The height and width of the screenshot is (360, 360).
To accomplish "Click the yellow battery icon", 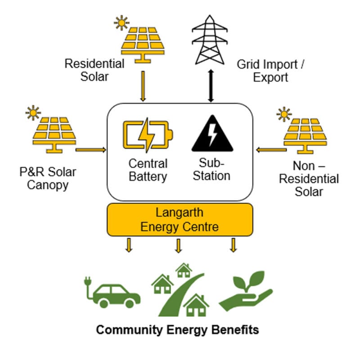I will pos(148,135).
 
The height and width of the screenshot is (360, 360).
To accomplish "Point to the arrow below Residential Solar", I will pos(144,85).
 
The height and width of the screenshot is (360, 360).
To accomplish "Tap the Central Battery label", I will pos(148,170).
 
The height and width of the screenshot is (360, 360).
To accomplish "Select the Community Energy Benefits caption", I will pos(178,330).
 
